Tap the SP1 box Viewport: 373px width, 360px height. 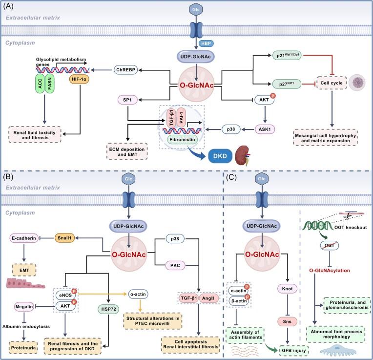click(x=125, y=100)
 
